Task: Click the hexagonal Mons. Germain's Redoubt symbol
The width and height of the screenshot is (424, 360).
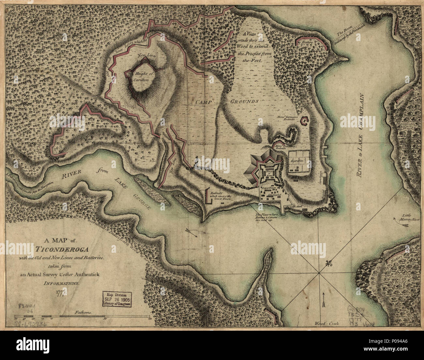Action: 304,121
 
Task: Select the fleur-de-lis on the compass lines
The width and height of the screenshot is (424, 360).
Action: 328,264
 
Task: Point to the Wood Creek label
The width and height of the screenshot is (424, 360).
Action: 327,324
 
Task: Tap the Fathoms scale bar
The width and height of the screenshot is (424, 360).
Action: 82,316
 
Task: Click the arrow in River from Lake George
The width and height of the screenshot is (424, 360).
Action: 190,232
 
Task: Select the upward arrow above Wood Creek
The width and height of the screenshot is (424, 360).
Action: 323,299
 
